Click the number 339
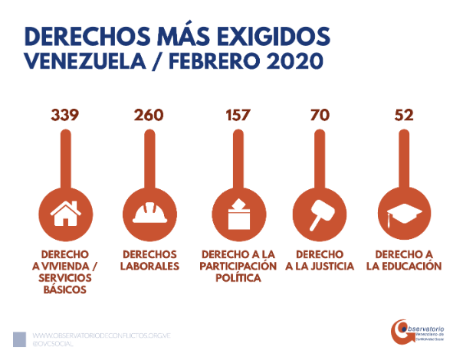tap(65, 116)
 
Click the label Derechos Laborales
tap(149, 260)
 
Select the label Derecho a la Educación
tap(403, 260)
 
